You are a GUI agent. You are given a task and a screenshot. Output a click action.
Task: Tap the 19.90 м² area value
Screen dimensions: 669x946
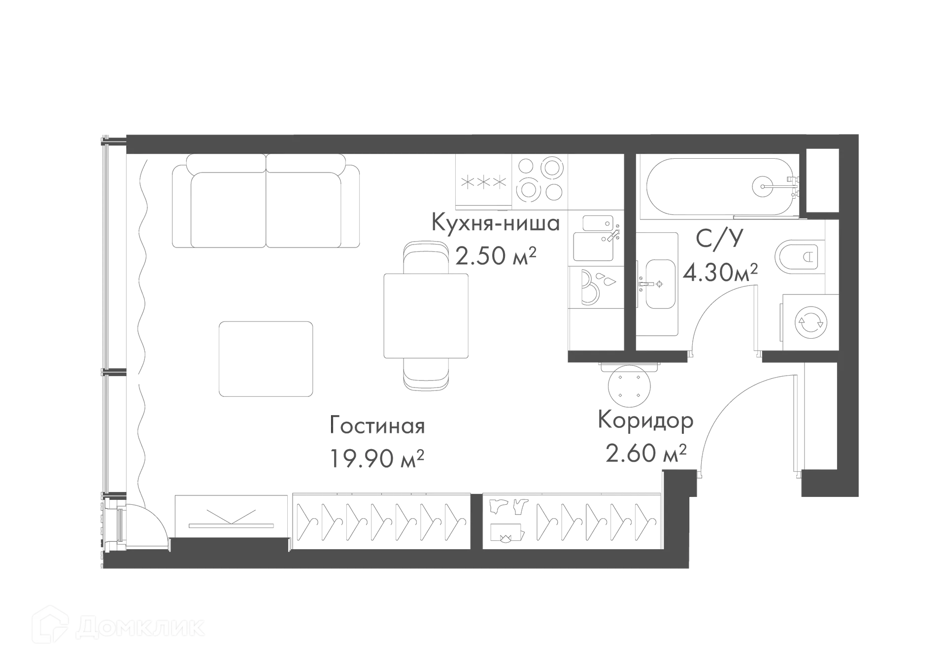376,458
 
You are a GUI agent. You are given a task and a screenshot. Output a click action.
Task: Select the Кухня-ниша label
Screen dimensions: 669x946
496,223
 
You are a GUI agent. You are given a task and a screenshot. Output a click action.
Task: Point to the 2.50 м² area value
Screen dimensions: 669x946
496,256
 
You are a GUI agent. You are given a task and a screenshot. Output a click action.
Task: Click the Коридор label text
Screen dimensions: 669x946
646,421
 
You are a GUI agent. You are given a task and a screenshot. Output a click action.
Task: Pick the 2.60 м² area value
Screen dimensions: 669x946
645,453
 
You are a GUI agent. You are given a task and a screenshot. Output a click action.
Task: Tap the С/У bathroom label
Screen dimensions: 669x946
719,238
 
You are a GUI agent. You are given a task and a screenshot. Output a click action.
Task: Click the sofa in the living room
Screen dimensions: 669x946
266,203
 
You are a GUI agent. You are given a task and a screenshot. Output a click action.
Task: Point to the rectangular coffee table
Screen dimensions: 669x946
266,358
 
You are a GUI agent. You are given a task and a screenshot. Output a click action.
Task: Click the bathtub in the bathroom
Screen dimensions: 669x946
719,186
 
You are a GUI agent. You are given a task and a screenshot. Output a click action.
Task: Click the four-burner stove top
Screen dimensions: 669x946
541,179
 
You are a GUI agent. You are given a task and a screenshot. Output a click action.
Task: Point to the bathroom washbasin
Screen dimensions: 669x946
658,283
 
